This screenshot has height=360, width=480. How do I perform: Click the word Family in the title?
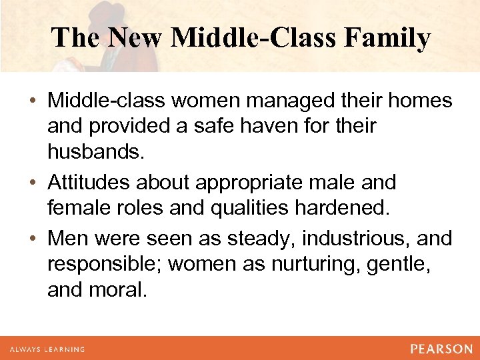click(387, 37)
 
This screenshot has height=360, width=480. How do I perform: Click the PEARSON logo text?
click(441, 349)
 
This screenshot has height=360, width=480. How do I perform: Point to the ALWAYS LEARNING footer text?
click(47, 349)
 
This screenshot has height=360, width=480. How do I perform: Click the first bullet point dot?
click(33, 102)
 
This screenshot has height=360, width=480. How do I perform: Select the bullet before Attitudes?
click(33, 183)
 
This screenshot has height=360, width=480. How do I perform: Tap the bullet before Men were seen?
click(33, 239)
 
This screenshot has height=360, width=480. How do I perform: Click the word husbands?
click(94, 153)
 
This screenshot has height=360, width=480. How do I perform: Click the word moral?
click(119, 291)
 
